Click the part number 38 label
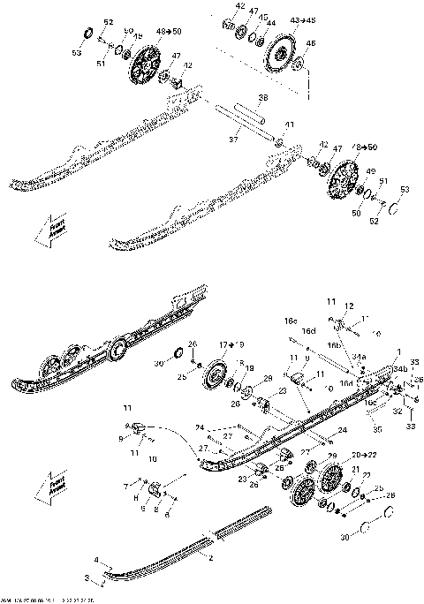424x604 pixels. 262,96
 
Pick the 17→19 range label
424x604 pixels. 230,344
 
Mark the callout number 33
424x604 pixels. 409,427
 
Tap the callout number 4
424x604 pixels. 98,559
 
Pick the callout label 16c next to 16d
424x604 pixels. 290,321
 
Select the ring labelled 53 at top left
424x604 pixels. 87,34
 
